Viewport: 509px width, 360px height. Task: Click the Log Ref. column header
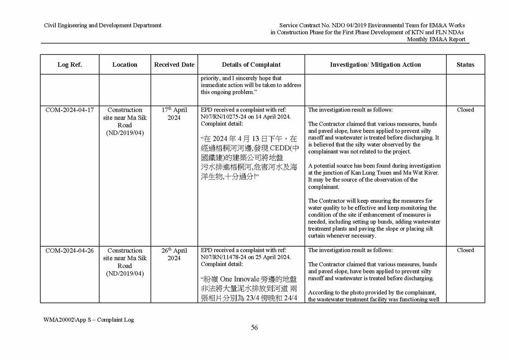coord(69,65)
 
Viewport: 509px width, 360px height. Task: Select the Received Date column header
coord(174,65)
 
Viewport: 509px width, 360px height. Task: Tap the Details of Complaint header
coord(251,65)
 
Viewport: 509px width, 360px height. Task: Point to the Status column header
coord(465,65)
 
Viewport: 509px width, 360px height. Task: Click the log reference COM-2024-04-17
coord(69,110)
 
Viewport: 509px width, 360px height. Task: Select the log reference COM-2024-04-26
coord(69,250)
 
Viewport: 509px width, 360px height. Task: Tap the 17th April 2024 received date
coord(174,114)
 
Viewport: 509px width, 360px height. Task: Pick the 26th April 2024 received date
coord(174,254)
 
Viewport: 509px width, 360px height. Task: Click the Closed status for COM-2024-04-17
coord(465,110)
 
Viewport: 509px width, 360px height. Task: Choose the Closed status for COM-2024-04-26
coord(465,250)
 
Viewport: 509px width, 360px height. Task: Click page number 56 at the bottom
coord(254,327)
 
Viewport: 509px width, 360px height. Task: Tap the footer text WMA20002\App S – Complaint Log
coord(89,320)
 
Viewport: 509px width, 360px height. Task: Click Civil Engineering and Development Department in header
coord(102,25)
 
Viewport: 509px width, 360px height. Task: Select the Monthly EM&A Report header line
coord(436,39)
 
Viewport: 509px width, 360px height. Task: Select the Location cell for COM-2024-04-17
coord(125,121)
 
